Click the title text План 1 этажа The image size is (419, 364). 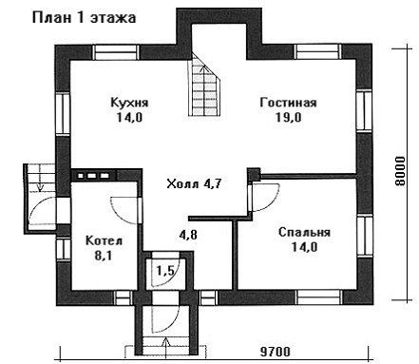(x=84, y=18)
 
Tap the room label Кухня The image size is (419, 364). (x=129, y=103)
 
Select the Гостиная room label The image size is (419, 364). (x=288, y=103)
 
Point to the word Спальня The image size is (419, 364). (x=304, y=232)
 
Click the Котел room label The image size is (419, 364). (x=105, y=240)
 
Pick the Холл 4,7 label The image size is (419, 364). (x=194, y=183)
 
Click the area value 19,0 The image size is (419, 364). (x=288, y=118)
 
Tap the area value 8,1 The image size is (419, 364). (x=104, y=256)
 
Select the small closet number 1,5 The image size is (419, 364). (x=165, y=271)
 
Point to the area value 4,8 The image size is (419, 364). (x=188, y=235)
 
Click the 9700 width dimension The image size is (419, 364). (x=275, y=352)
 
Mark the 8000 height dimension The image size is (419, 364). (x=400, y=171)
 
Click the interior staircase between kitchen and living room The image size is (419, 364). (x=204, y=84)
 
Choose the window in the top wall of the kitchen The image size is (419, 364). (x=117, y=52)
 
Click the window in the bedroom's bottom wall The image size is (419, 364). (x=318, y=297)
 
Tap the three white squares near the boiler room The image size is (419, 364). (x=94, y=175)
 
